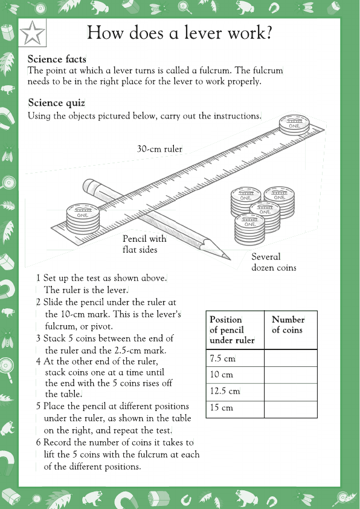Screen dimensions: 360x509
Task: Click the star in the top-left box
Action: tap(33, 34)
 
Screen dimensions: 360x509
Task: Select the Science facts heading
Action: tap(57, 59)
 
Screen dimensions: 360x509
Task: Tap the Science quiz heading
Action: tap(56, 103)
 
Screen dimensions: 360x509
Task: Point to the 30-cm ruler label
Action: tap(159, 148)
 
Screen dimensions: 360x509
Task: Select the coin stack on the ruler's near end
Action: tap(83, 212)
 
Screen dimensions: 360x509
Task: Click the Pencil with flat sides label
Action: tap(144, 244)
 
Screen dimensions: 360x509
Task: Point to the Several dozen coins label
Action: tap(274, 262)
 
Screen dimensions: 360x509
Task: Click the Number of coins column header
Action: tap(288, 325)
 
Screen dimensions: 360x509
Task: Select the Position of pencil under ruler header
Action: tap(233, 329)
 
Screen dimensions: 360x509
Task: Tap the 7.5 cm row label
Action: tap(222, 358)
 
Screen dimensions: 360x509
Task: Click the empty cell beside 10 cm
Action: tap(291, 375)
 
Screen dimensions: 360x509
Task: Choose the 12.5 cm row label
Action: tap(225, 391)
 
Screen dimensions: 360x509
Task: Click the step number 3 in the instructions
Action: tap(38, 339)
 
